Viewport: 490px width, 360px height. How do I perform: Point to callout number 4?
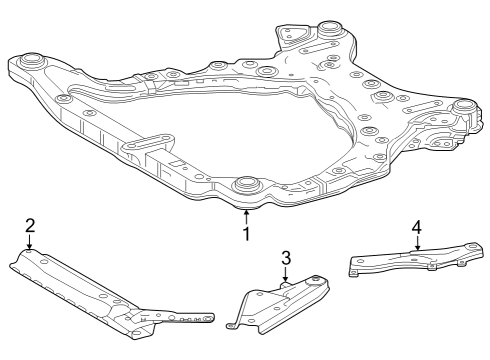coord(416,226)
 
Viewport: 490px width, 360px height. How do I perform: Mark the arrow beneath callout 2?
coord(30,242)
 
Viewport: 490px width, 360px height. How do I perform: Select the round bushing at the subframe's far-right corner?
coord(463,106)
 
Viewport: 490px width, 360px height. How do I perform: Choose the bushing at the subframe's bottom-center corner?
coord(246,185)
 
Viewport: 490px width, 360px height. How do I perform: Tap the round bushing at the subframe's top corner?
coord(327,26)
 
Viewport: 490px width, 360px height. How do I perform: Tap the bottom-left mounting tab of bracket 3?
coord(234,324)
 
